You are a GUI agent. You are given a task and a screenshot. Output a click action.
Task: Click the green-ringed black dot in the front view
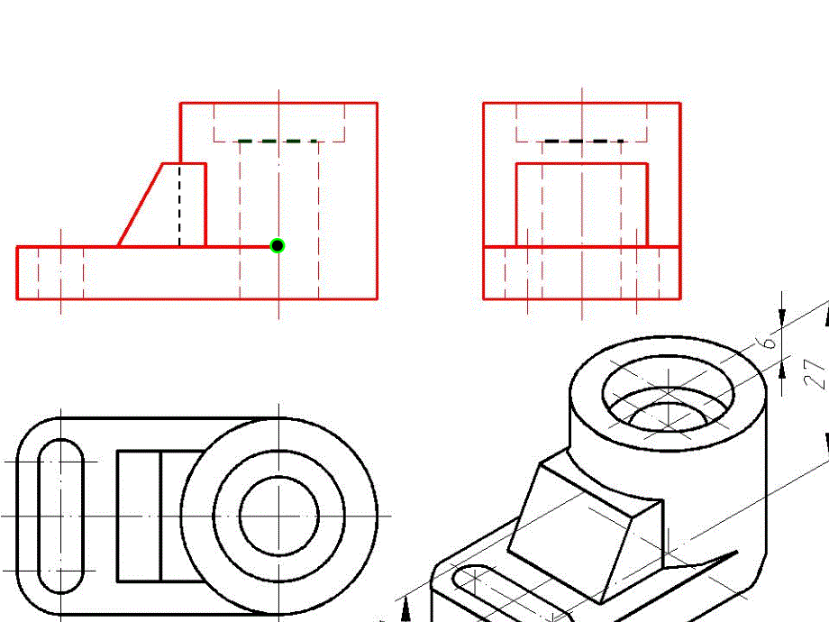tap(277, 246)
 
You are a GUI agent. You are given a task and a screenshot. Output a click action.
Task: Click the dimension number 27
tap(815, 374)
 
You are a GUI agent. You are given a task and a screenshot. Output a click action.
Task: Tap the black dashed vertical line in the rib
tap(179, 206)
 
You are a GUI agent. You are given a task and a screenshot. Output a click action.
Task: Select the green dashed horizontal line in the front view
tap(278, 142)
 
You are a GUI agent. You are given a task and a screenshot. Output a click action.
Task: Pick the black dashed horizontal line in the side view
tap(584, 142)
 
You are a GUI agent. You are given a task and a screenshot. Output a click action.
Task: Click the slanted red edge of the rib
tap(140, 205)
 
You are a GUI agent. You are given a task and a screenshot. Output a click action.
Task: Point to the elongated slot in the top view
tap(60, 516)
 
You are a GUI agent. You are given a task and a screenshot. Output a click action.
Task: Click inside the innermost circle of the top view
tap(279, 516)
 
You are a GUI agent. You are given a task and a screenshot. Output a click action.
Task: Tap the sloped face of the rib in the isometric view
tap(571, 535)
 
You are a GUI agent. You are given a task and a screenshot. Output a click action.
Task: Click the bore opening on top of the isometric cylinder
tap(669, 394)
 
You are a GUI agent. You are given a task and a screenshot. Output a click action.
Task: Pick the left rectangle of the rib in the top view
tap(139, 516)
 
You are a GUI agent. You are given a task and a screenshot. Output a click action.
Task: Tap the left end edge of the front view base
tap(17, 272)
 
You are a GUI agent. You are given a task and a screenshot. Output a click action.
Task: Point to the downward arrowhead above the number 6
tap(782, 315)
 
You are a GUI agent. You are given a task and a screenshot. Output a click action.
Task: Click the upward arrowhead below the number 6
tap(782, 370)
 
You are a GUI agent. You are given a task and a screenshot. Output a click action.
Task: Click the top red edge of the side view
tap(582, 103)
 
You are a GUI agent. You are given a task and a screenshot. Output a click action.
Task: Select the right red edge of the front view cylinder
tap(377, 201)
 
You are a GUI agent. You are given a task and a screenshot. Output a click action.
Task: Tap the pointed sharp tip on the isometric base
tap(737, 553)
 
